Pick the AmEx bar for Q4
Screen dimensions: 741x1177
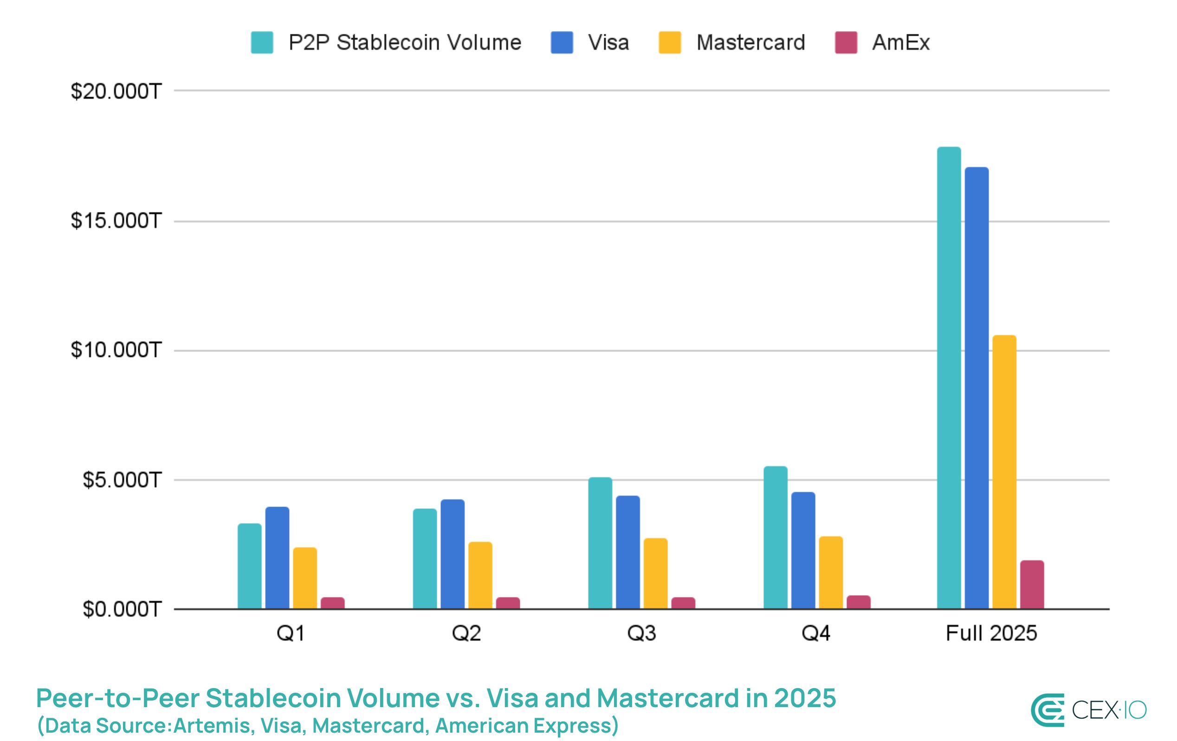[x=858, y=602]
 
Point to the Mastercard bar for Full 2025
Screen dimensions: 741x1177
[x=1004, y=472]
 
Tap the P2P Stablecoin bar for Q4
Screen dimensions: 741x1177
[x=775, y=538]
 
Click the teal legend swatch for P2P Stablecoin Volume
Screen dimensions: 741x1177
[x=262, y=43]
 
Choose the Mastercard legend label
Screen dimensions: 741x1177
[x=750, y=43]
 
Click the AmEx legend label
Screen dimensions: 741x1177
[x=900, y=43]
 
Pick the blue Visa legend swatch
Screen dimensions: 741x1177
[x=562, y=43]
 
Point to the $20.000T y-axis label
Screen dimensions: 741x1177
[x=116, y=91]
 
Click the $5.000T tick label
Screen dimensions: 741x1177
[x=122, y=481]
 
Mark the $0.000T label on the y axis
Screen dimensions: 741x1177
[x=122, y=610]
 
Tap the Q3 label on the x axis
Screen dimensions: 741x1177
[x=641, y=633]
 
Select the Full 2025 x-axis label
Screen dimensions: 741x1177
[x=991, y=633]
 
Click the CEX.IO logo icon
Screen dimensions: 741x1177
[x=1047, y=710]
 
